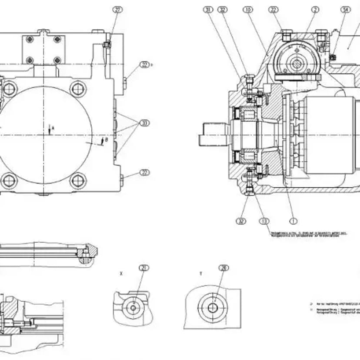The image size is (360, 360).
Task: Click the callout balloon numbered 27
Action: point(117,10)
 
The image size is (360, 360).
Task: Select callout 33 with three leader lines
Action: point(144,123)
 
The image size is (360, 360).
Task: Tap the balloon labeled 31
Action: point(208,9)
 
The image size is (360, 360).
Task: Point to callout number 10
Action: point(248,9)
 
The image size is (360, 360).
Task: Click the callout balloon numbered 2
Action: point(315,9)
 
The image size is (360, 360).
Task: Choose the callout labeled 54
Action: point(346,9)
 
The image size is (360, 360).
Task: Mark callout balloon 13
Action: point(264,221)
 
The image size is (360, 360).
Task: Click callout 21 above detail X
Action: point(143,268)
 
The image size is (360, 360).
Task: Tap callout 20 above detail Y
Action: point(224,268)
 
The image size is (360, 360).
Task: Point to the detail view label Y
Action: point(200,274)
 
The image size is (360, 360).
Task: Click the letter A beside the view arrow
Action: point(53,128)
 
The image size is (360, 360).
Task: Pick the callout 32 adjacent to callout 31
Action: point(223,9)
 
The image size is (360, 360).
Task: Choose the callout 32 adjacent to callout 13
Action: point(241,221)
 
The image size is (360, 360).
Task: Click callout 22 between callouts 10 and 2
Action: point(273,9)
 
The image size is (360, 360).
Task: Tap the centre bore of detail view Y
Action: point(213,308)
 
